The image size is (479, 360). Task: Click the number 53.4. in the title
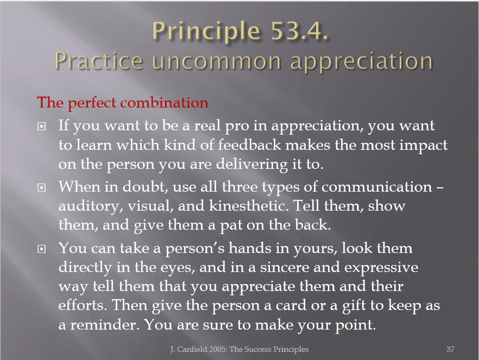[300, 31]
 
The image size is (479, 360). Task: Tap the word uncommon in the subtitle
[216, 61]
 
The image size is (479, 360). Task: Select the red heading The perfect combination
[123, 103]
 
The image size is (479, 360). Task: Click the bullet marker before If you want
[41, 126]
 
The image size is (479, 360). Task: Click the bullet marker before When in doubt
[41, 187]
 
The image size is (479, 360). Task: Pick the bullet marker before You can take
[41, 249]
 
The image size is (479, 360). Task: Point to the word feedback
[249, 145]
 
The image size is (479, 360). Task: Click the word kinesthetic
[249, 206]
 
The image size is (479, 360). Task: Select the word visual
[150, 206]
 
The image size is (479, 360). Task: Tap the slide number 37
[450, 349]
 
